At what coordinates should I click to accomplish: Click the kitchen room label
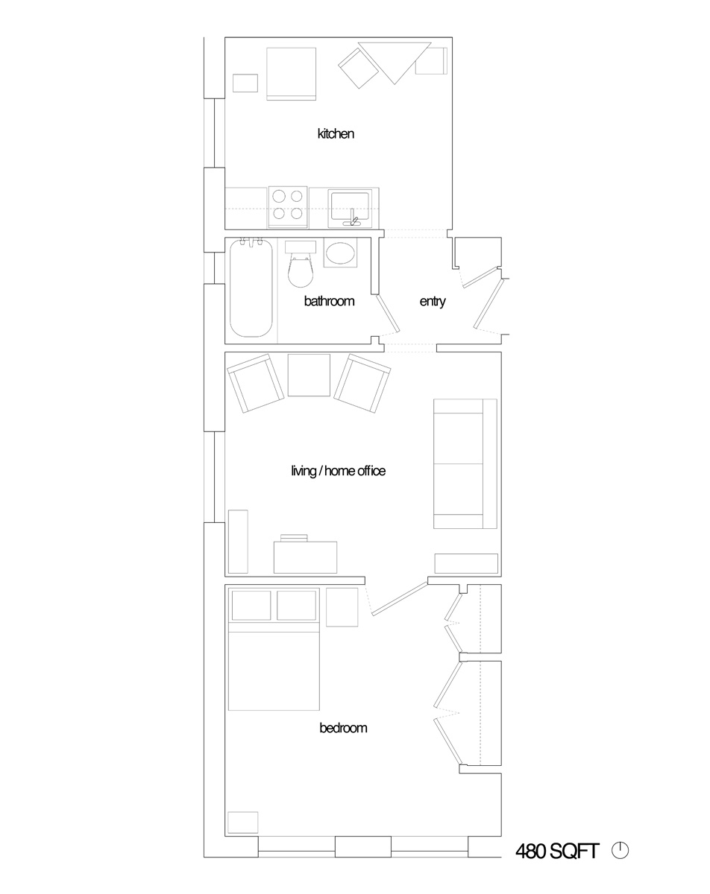coord(336,134)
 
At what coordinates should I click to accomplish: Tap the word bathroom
coord(329,301)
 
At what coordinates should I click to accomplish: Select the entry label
coord(433,301)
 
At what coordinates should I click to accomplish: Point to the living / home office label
coord(338,471)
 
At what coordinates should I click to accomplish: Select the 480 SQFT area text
coord(557,852)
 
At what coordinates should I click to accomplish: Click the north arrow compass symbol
coord(621,851)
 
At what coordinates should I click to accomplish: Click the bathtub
coord(251,288)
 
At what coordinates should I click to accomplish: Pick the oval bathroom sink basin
coord(340,253)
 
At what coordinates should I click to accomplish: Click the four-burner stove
coord(288,207)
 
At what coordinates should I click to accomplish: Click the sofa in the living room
coord(465,463)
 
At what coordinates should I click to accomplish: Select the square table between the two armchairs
coord(309,375)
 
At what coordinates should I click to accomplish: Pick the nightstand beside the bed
coord(342,607)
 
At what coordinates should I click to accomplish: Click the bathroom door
coord(388,313)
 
